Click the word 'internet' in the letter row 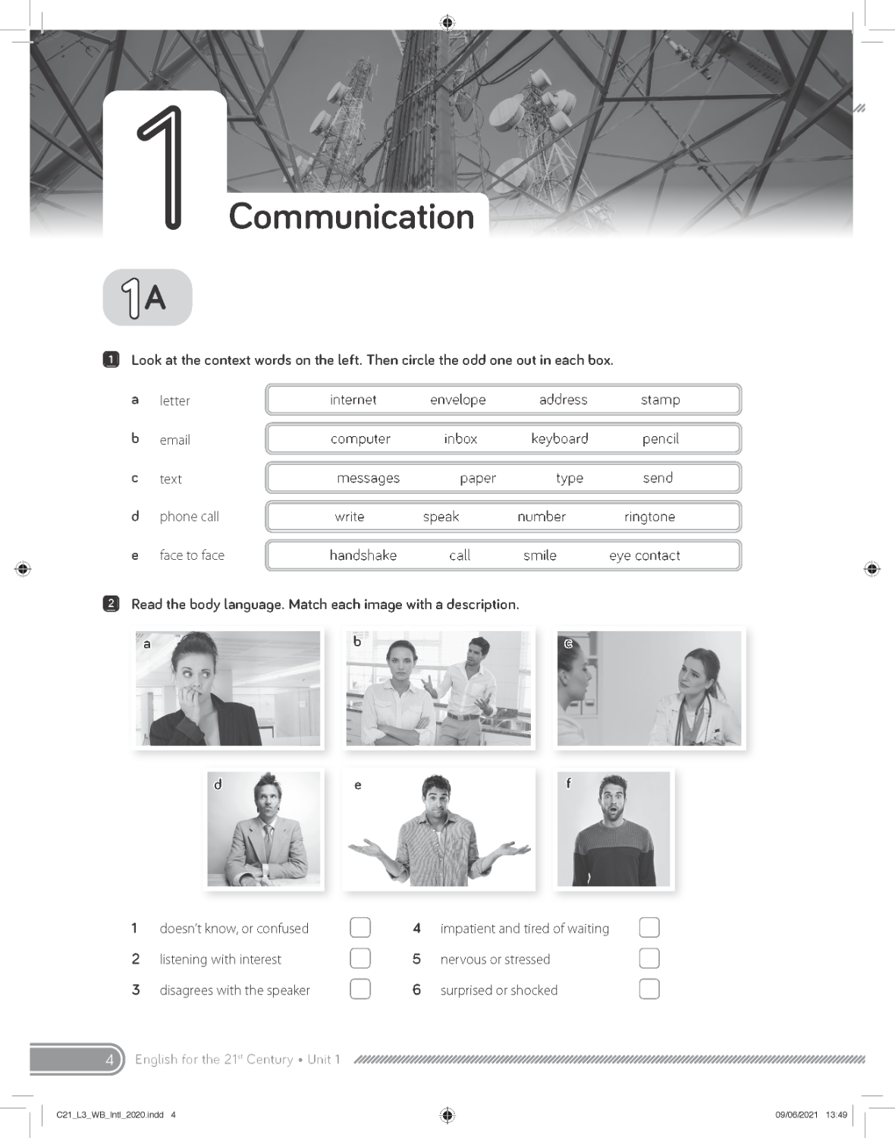tap(353, 400)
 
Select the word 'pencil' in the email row tap(660, 439)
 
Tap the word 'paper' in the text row tap(477, 478)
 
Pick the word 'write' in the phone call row tap(350, 517)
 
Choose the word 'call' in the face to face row tap(460, 555)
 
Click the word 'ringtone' tap(649, 517)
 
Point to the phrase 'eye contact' tap(644, 555)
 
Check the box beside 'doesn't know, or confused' tap(360, 927)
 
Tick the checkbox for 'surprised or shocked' tap(649, 989)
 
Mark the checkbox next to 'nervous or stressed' tap(649, 958)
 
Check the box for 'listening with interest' tap(360, 958)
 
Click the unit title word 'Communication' tap(351, 217)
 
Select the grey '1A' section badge tap(147, 297)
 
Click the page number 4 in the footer tap(109, 1060)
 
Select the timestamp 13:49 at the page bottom tap(836, 1114)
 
